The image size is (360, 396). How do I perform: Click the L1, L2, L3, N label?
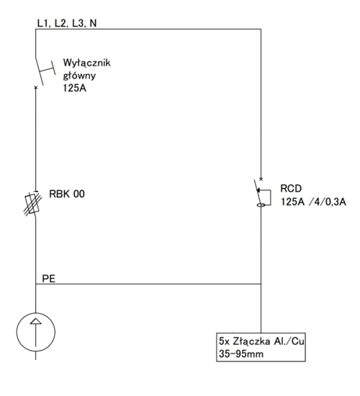point(67,23)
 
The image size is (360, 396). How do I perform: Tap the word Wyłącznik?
point(86,63)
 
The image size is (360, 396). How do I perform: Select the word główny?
point(79,76)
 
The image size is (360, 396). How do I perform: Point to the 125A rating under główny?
point(75,88)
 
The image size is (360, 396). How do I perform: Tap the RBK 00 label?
point(67,194)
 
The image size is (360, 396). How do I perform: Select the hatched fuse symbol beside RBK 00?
point(33,204)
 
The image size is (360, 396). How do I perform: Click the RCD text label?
point(291,189)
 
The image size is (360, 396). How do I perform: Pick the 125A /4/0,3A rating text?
point(313,202)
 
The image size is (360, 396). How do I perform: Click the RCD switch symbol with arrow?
point(263,193)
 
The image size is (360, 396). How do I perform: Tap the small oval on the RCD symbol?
point(261,205)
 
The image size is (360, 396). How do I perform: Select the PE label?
point(48,279)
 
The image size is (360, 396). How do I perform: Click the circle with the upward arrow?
point(36,332)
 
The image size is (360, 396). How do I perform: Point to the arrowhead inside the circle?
point(35,321)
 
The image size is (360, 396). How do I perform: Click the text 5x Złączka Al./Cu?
point(261,341)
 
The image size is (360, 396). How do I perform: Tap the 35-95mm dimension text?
point(241,354)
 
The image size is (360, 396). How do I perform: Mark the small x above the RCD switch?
point(261,179)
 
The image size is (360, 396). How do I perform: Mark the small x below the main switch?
point(35,87)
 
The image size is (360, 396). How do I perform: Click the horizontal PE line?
point(148,284)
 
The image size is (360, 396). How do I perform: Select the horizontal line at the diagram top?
point(148,29)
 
